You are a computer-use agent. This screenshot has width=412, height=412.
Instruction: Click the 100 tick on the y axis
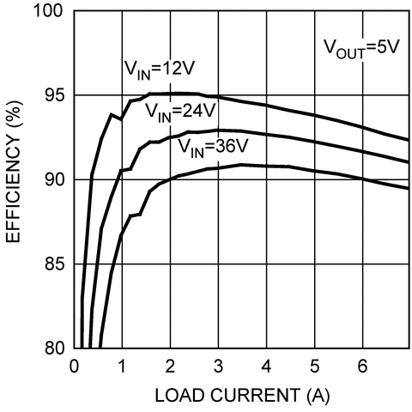[x=51, y=12]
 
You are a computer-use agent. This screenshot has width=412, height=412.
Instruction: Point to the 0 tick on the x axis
[x=75, y=365]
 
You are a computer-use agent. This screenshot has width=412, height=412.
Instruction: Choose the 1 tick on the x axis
[x=123, y=365]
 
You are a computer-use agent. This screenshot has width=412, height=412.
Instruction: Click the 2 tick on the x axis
[x=171, y=365]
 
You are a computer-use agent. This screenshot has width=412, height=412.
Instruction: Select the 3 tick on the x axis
[x=219, y=365]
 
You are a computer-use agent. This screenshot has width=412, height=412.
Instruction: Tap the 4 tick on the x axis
[x=267, y=365]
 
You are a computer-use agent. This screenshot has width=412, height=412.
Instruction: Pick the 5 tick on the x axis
[x=315, y=365]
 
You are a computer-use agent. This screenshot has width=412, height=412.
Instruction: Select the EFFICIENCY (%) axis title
[x=15, y=179]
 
